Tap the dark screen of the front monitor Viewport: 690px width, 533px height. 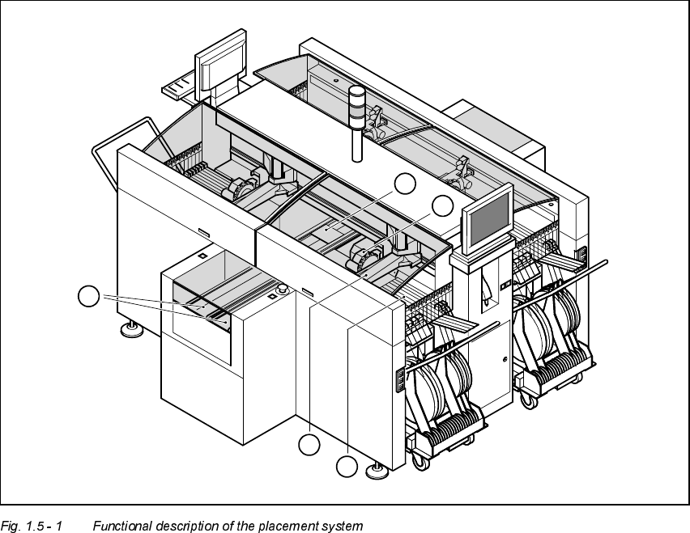click(488, 218)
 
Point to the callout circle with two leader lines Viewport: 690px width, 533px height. click(89, 297)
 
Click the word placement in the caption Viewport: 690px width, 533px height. click(292, 527)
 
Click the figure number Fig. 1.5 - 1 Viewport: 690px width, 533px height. click(32, 527)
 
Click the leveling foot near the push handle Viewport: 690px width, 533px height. click(130, 328)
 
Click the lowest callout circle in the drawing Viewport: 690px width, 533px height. click(347, 467)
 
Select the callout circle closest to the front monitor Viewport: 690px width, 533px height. click(442, 205)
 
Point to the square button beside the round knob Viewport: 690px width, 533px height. click(271, 295)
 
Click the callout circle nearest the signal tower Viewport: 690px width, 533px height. click(405, 184)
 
